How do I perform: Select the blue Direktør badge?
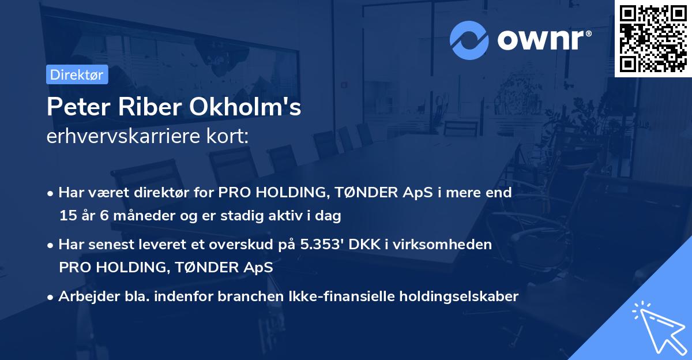click(77, 74)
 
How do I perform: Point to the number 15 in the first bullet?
click(67, 216)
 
